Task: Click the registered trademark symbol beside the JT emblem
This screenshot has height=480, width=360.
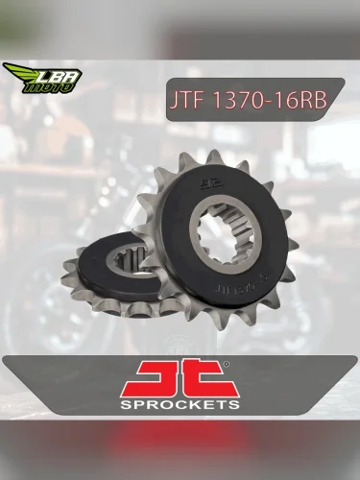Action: pos(227,363)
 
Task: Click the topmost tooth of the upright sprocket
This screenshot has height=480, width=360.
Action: pos(215,156)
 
